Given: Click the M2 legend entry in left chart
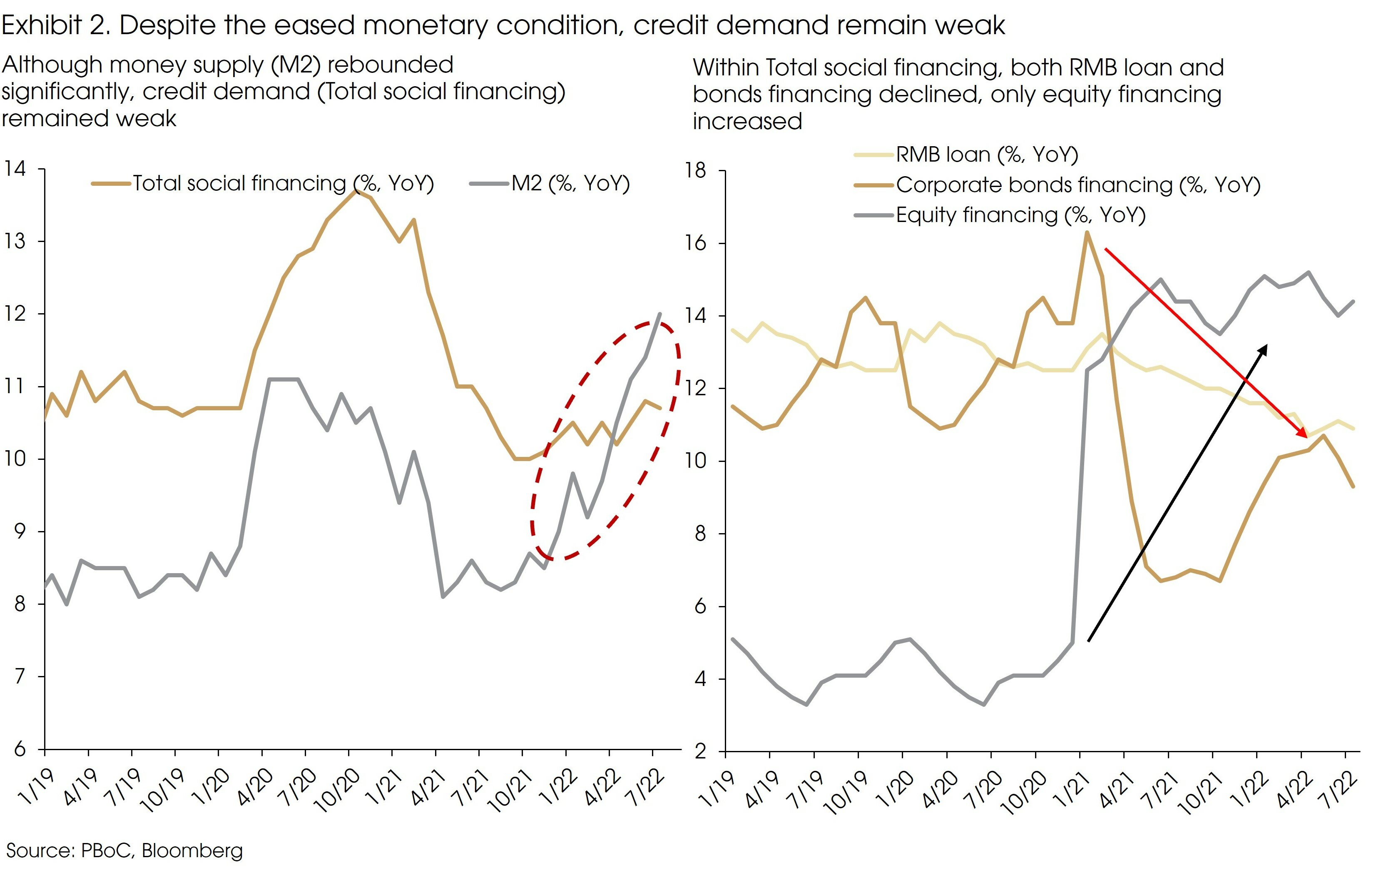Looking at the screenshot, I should (571, 184).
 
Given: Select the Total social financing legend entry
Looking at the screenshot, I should (283, 184).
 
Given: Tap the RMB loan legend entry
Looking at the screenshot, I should (986, 155).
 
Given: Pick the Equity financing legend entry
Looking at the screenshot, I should (1020, 215).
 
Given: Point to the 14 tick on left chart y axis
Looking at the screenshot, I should (15, 169).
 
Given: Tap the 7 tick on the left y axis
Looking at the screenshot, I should (20, 677).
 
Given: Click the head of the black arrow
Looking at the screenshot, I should (1267, 346).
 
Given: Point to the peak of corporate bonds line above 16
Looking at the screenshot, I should (1087, 232).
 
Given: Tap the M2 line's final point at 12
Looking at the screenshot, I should (660, 314).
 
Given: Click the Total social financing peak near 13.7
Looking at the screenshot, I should (356, 190).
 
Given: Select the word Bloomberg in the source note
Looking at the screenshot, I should (192, 851).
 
